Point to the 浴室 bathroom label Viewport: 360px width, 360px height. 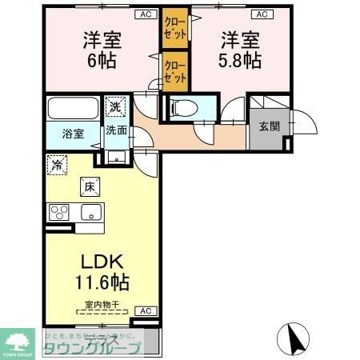tap(73, 134)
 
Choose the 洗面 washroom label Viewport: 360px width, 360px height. tap(117, 130)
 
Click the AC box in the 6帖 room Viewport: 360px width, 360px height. tap(146, 14)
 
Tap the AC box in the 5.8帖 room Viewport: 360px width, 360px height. tap(261, 14)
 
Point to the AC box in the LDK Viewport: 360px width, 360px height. tap(145, 310)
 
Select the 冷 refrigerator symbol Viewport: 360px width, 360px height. tap(58, 165)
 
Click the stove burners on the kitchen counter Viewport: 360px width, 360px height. tap(59, 212)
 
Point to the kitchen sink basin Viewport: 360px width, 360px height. tap(89, 212)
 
